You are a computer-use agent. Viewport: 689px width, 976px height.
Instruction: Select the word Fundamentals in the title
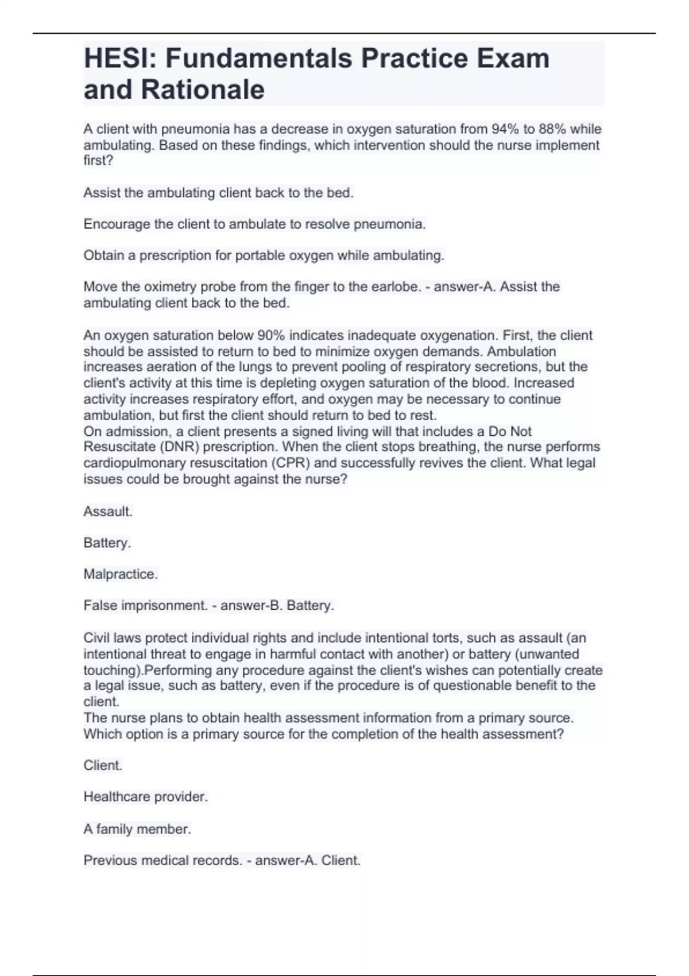259,59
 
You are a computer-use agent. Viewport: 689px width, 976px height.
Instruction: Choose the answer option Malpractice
121,574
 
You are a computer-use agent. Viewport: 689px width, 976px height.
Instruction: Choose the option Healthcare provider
145,797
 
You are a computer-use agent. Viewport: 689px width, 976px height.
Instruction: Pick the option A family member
137,829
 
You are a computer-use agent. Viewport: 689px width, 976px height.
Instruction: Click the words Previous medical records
162,860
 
